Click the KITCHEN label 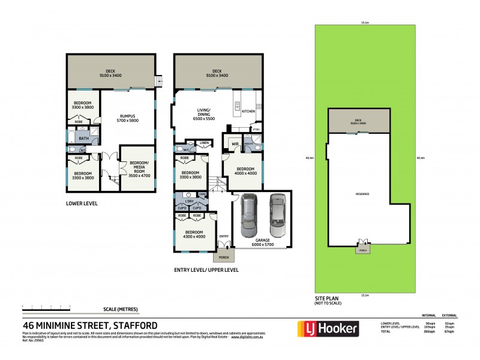click(x=248, y=112)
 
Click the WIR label click(x=235, y=143)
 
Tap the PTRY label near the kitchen click(x=256, y=129)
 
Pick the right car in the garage click(x=278, y=216)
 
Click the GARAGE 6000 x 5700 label click(x=261, y=244)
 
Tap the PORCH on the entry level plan click(x=224, y=257)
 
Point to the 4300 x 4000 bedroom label click(x=194, y=234)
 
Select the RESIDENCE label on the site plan click(x=362, y=194)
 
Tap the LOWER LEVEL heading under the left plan click(x=82, y=203)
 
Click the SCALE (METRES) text click(x=121, y=309)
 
